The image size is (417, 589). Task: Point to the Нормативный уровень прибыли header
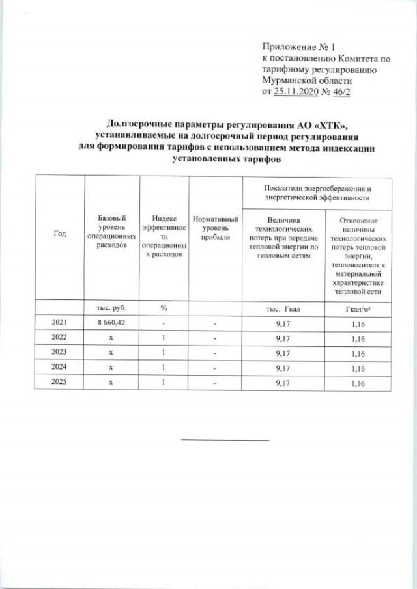point(212,228)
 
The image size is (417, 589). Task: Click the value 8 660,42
point(111,322)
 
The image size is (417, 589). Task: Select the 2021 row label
point(59,322)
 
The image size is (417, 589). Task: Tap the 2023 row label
point(59,353)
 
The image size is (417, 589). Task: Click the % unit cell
point(164,307)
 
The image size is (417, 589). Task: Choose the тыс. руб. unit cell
point(111,307)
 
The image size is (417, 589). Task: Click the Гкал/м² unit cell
point(357,307)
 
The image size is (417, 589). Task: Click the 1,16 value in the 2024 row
point(357,368)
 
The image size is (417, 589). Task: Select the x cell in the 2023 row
point(111,353)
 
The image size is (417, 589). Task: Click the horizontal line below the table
point(224,440)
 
